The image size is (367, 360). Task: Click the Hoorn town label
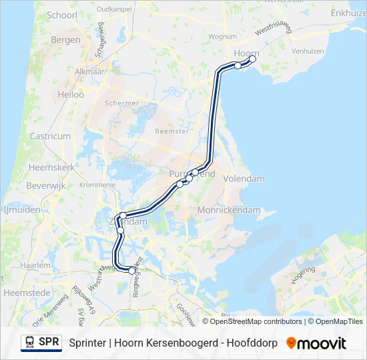pyautogui.click(x=246, y=53)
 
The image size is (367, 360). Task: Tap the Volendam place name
pyautogui.click(x=244, y=179)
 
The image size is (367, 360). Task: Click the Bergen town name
pyautogui.click(x=65, y=40)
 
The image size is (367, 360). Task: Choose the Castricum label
pyautogui.click(x=50, y=136)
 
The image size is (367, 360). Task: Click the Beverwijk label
pyautogui.click(x=47, y=186)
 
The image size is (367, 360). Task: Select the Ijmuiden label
pyautogui.click(x=22, y=209)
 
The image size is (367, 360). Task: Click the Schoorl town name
pyautogui.click(x=63, y=15)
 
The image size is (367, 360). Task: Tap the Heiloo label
pyautogui.click(x=71, y=95)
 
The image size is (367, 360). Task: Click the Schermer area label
pyautogui.click(x=122, y=103)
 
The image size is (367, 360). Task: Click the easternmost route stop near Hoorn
pyautogui.click(x=252, y=59)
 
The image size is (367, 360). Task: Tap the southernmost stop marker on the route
pyautogui.click(x=131, y=270)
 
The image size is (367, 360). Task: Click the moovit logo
pyautogui.click(x=316, y=343)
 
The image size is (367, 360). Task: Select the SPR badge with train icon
pyautogui.click(x=41, y=343)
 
